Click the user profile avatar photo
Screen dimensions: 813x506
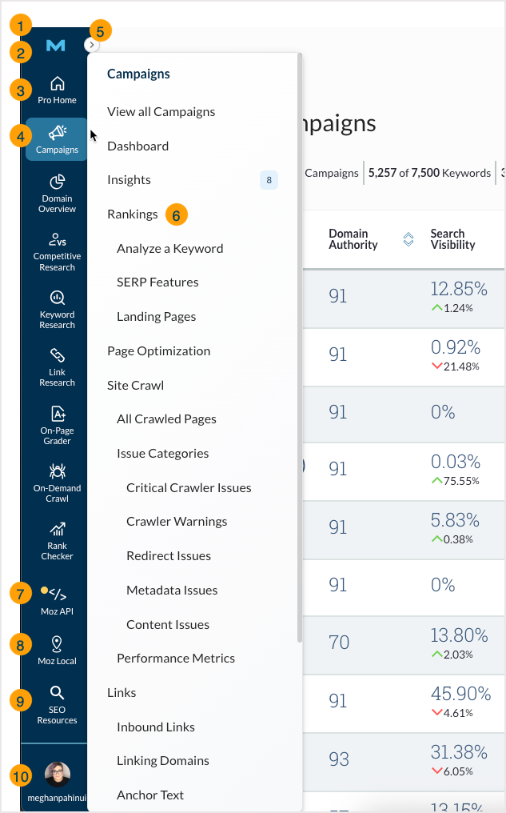(57, 774)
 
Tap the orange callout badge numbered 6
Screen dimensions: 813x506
(177, 214)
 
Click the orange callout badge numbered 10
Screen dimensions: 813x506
(20, 775)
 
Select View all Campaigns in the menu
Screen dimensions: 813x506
(161, 112)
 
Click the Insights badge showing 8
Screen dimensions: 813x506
(269, 180)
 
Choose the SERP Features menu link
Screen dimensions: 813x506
(157, 282)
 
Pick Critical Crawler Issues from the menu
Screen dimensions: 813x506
(189, 487)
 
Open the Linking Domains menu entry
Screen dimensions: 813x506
(163, 761)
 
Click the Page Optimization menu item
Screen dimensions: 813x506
(158, 350)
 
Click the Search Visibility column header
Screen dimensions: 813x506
(452, 239)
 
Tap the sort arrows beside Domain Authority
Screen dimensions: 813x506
(408, 239)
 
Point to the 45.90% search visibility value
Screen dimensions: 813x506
(460, 694)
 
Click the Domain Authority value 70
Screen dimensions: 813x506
(339, 643)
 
